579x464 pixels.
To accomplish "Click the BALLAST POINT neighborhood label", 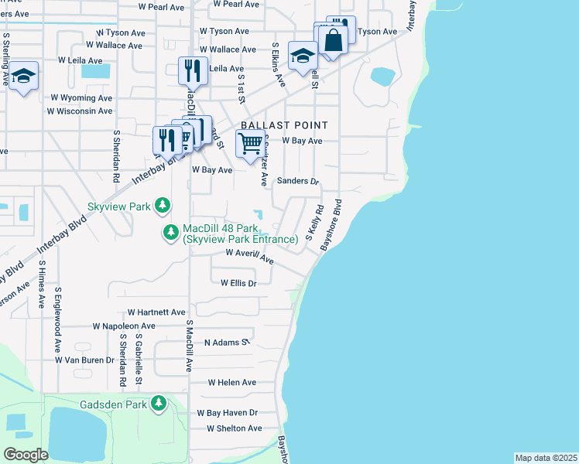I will click(284, 125).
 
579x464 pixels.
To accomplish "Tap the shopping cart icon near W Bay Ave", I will click(249, 144).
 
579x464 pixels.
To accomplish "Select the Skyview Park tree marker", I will click(162, 205).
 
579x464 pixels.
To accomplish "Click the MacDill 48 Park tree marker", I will click(171, 232).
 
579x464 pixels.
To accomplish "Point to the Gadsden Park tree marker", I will click(159, 403).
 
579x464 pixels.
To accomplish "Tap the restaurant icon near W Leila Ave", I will click(191, 70).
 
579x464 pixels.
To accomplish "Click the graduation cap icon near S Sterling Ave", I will click(23, 76).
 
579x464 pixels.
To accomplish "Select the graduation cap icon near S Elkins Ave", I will click(303, 55).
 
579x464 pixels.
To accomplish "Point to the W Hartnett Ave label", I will click(156, 312).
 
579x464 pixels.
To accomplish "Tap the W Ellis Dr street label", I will click(238, 284).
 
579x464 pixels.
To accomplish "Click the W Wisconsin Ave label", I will click(80, 111).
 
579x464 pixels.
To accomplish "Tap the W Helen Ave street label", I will click(231, 383).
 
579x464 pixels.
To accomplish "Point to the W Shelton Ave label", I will click(234, 428).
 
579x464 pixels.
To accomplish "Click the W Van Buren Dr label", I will click(84, 360).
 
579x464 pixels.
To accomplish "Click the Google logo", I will click(25, 455).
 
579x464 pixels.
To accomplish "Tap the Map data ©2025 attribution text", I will click(546, 458).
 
